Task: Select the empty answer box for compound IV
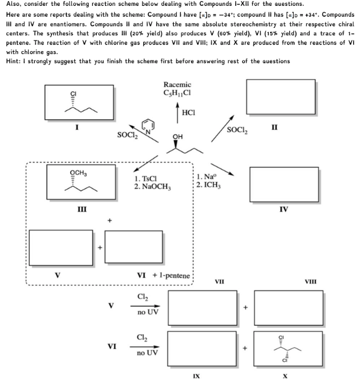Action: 284,184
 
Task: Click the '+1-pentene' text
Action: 172,275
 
